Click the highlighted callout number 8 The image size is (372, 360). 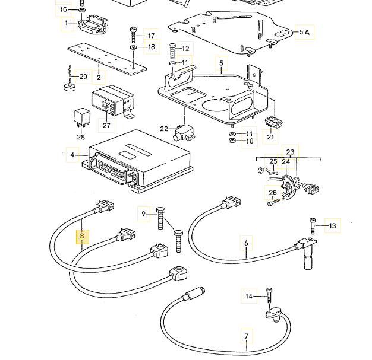(x=83, y=237)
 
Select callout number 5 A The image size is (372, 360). (x=304, y=32)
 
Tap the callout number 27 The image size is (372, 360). (x=106, y=125)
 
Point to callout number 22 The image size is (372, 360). (x=163, y=129)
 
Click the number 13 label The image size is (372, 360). (x=332, y=225)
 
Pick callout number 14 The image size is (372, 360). (x=249, y=295)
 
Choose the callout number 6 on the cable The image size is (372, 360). (x=245, y=241)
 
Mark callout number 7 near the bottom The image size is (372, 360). (x=246, y=337)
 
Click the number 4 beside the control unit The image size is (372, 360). (x=72, y=155)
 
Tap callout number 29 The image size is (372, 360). (x=83, y=77)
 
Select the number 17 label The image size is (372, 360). (x=150, y=35)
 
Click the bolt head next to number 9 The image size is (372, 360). (x=162, y=212)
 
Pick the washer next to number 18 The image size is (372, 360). (x=134, y=47)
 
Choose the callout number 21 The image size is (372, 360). (x=271, y=137)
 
